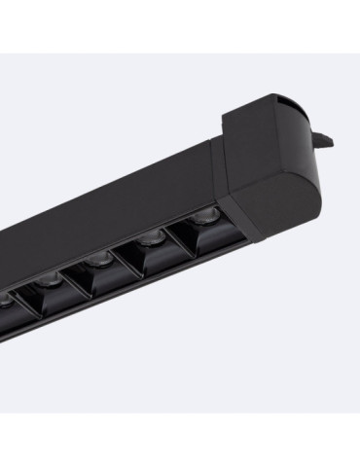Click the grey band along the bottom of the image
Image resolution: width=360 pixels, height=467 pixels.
[180, 443]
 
